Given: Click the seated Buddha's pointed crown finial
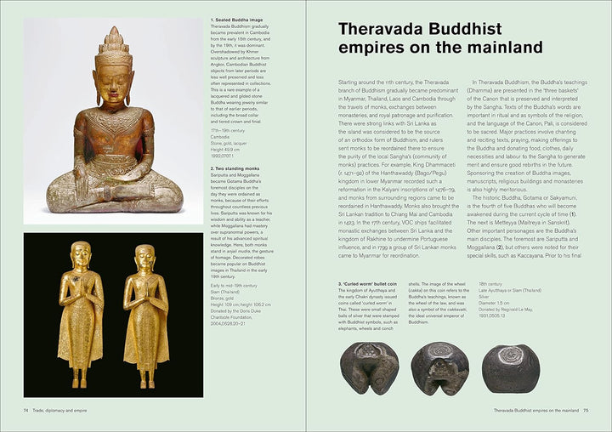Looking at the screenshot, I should click(113, 34).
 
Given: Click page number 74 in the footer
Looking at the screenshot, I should click(27, 410).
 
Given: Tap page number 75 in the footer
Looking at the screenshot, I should click(585, 410).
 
